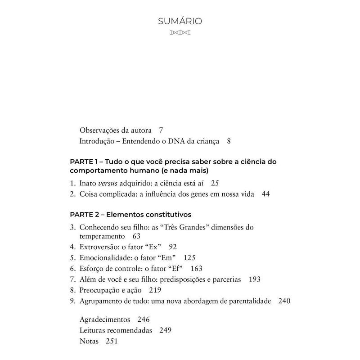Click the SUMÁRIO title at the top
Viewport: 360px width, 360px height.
[x=180, y=21]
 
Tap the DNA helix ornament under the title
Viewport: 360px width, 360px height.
[x=180, y=33]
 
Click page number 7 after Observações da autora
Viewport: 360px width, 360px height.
[x=161, y=130]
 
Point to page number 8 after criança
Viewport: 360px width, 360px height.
[x=229, y=141]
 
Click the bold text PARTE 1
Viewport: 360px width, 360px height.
[x=85, y=162]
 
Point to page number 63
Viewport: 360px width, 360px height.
[x=137, y=236]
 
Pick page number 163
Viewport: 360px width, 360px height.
[x=197, y=269]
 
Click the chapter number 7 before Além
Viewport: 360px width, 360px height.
[x=72, y=279]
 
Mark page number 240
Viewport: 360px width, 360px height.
[x=284, y=301]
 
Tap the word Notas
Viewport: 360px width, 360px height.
[x=89, y=341]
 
